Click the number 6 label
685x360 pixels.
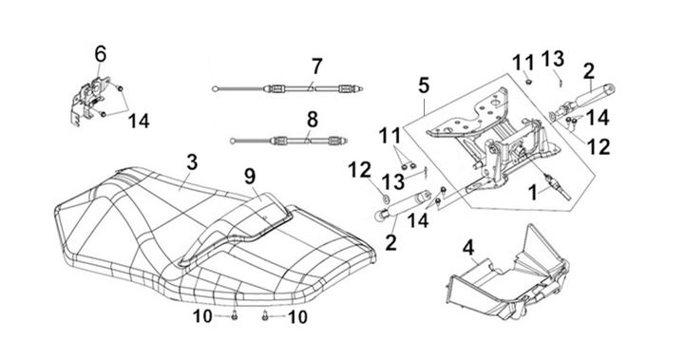tap(100, 54)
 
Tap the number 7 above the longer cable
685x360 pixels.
tap(316, 66)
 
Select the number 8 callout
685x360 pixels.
tap(312, 120)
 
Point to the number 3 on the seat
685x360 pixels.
tap(192, 162)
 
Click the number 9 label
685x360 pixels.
tap(250, 177)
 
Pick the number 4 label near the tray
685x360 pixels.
tap(468, 248)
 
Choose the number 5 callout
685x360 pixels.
tap(424, 85)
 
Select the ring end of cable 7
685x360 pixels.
tap(215, 89)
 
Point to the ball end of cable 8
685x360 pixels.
tap(234, 141)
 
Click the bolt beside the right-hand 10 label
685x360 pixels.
tap(265, 316)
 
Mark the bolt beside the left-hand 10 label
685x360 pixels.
tap(234, 316)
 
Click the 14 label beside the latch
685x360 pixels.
tap(139, 121)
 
